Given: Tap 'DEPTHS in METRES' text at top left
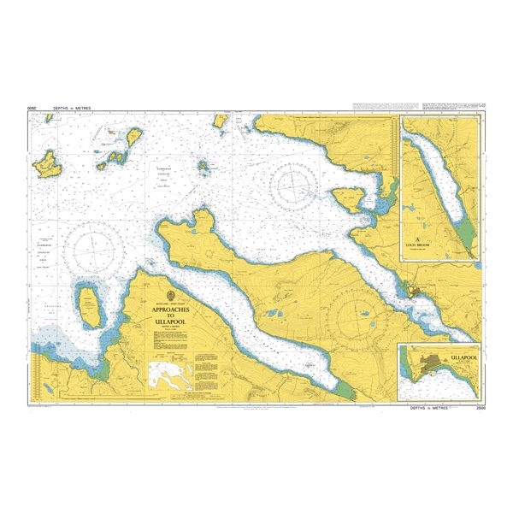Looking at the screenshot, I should pos(71,109).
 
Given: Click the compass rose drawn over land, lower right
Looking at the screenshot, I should pos(363,319).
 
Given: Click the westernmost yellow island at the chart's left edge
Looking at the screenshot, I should pos(46,162).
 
